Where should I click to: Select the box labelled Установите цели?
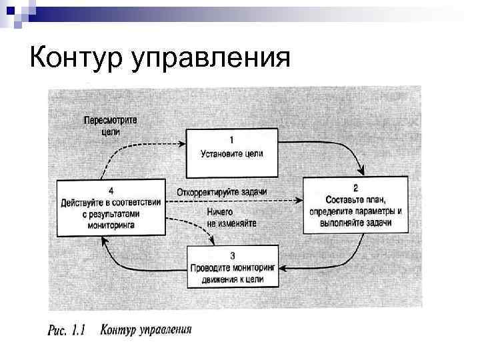click(232, 153)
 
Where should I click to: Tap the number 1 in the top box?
click(231, 140)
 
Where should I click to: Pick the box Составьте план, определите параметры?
click(355, 205)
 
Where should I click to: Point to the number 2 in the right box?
click(355, 187)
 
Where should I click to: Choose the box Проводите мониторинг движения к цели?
click(231, 267)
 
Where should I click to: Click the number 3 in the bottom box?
click(231, 255)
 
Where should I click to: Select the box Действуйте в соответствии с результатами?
click(111, 207)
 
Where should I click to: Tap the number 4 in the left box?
click(111, 190)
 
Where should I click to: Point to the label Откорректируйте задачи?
click(222, 193)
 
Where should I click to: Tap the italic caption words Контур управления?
click(146, 329)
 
